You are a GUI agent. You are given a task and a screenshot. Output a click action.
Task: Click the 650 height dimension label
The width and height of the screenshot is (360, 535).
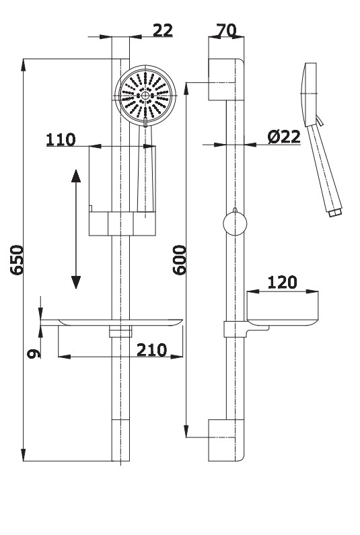click(17, 260)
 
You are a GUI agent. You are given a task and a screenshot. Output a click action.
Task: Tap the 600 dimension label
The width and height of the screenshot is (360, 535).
click(180, 260)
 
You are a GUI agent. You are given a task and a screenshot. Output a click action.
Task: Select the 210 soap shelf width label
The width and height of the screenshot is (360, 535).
click(152, 350)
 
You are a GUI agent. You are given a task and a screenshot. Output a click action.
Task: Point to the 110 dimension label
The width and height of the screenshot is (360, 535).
click(61, 139)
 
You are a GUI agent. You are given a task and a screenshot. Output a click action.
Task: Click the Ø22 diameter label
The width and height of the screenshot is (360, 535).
click(284, 137)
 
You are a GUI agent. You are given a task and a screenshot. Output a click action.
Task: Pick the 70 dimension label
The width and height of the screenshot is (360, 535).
click(226, 30)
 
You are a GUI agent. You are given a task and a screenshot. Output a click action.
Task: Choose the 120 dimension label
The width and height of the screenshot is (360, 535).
click(282, 282)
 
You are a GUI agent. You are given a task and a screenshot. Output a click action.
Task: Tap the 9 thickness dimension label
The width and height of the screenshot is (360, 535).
click(34, 353)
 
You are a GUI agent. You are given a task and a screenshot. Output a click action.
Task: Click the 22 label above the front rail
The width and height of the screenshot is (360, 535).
click(163, 30)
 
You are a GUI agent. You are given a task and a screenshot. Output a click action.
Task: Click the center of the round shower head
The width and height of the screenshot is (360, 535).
click(145, 96)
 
